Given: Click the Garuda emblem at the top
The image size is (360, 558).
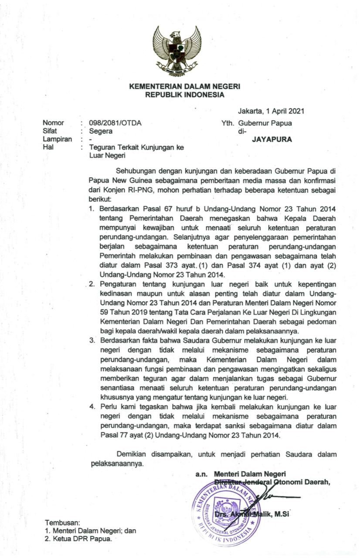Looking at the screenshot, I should tap(177, 51).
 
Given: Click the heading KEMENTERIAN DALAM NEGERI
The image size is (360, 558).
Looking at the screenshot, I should tap(185, 87).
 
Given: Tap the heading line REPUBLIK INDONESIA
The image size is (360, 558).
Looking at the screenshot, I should tap(185, 95).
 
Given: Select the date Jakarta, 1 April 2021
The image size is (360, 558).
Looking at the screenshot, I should tap(271, 111).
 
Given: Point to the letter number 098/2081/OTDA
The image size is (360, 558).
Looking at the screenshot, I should tap(115, 123).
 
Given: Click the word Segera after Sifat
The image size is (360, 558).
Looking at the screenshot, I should tap(101, 131).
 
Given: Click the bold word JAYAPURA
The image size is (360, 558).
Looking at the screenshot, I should tap(272, 140).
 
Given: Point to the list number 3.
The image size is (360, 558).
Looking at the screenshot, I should tap(92, 340).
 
